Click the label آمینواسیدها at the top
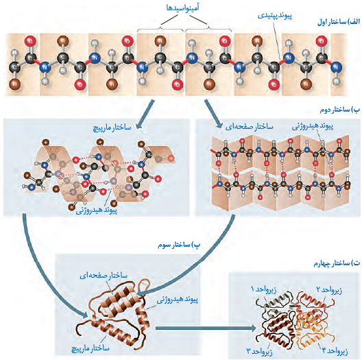click(x=183, y=8)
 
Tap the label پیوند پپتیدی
click(x=275, y=16)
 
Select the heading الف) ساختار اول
click(x=339, y=22)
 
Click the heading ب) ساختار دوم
click(x=340, y=110)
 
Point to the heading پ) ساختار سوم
click(x=179, y=245)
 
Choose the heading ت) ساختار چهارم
click(x=337, y=263)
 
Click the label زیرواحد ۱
click(x=263, y=289)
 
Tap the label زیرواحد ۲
click(x=329, y=290)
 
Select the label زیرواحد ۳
click(x=259, y=351)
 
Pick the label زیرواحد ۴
click(x=335, y=351)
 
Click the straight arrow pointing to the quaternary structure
click(x=206, y=328)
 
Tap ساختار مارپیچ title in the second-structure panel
click(x=112, y=128)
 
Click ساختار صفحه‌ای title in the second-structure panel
click(x=249, y=127)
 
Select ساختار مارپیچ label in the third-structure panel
click(x=90, y=348)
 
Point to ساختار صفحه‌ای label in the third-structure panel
click(x=104, y=276)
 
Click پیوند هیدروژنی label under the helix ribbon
click(x=97, y=211)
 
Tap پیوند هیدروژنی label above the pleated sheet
click(x=313, y=126)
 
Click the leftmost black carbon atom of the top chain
click(x=14, y=68)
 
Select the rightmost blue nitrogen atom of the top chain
click(x=336, y=67)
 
